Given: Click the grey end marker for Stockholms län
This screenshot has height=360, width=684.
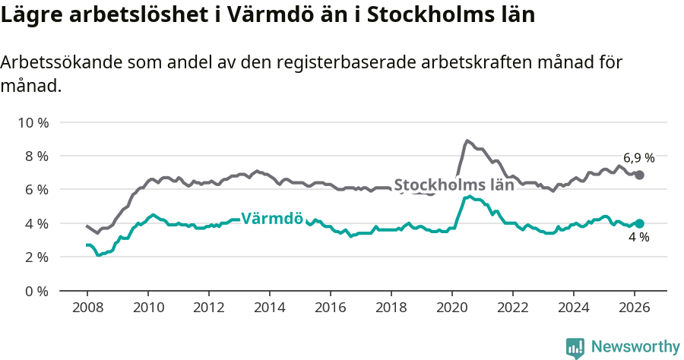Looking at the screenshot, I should (x=640, y=175).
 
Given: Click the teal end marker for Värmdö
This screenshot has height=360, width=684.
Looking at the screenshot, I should (x=640, y=223).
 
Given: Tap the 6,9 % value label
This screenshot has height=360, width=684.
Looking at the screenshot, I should (x=638, y=158).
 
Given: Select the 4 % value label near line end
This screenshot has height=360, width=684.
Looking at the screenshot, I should (x=638, y=238).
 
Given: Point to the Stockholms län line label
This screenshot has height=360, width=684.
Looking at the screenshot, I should (x=454, y=185).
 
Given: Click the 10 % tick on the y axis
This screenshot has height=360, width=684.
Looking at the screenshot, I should (x=33, y=122).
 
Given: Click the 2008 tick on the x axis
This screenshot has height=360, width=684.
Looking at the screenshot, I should (x=87, y=308).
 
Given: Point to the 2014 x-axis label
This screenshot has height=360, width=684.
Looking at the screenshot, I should (x=269, y=308).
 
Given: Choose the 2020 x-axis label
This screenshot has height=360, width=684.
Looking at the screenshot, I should (x=452, y=308).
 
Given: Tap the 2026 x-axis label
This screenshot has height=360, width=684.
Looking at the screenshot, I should (x=635, y=308).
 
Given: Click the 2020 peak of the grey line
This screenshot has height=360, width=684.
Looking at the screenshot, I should (x=467, y=141).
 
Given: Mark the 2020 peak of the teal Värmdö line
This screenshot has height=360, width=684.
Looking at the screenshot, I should (x=469, y=197).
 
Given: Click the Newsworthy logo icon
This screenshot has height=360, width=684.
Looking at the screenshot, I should (x=575, y=348).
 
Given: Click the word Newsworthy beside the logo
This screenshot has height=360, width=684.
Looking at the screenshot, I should (x=635, y=347).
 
